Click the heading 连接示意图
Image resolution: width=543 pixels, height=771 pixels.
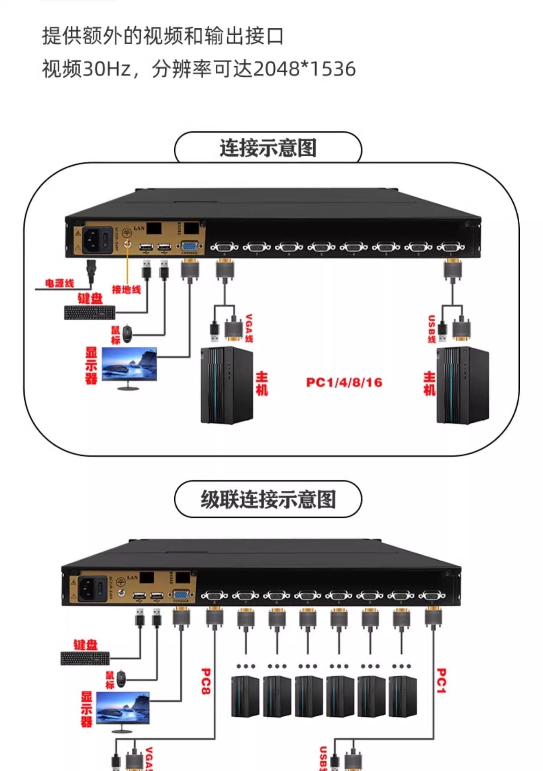click(268, 148)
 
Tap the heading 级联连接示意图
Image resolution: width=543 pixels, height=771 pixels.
click(268, 500)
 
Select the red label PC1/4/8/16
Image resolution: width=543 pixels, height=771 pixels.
click(344, 382)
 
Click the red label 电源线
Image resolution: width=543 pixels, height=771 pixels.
click(59, 284)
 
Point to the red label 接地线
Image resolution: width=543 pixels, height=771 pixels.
click(126, 289)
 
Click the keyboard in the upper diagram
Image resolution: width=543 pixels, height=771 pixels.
click(90, 312)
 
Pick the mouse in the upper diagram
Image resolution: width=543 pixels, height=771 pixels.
click(127, 333)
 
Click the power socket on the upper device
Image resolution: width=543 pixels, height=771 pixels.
click(92, 239)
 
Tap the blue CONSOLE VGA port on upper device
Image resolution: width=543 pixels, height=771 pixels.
click(190, 246)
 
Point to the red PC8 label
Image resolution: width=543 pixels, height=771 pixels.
click(205, 681)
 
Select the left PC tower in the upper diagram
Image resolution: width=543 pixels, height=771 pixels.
click(227, 385)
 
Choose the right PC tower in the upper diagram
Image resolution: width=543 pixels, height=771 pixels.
click(463, 385)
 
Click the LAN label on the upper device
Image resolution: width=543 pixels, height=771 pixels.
click(139, 228)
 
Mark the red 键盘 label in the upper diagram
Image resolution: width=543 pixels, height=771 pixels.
click(90, 298)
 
